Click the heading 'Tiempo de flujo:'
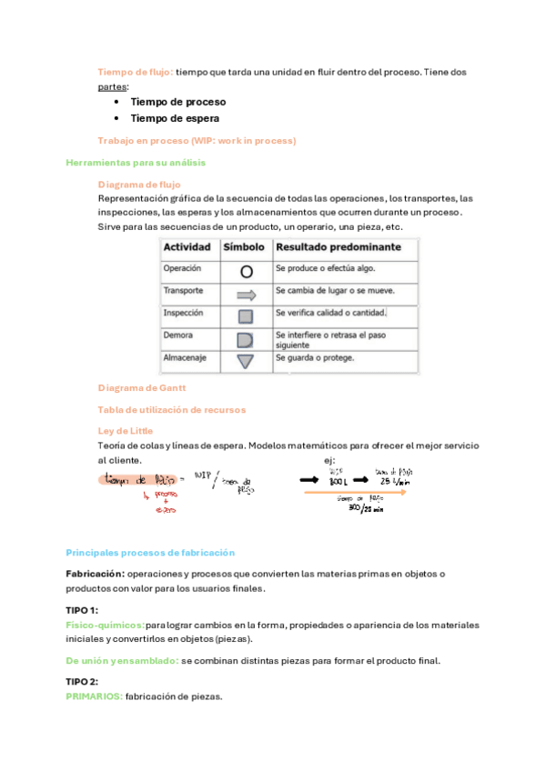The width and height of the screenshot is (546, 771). (135, 71)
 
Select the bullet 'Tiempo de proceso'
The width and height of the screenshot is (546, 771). (178, 103)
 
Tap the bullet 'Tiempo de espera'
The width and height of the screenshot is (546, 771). (175, 118)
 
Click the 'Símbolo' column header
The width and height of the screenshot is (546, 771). (243, 247)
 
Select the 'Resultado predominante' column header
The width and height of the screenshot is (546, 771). (338, 247)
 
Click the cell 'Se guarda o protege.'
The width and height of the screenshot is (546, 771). (315, 358)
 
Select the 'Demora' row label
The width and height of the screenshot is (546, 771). (177, 335)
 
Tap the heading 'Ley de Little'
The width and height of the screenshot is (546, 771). (125, 431)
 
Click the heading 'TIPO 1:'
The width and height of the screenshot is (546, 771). (82, 610)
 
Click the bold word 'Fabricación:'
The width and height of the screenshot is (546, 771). (95, 575)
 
